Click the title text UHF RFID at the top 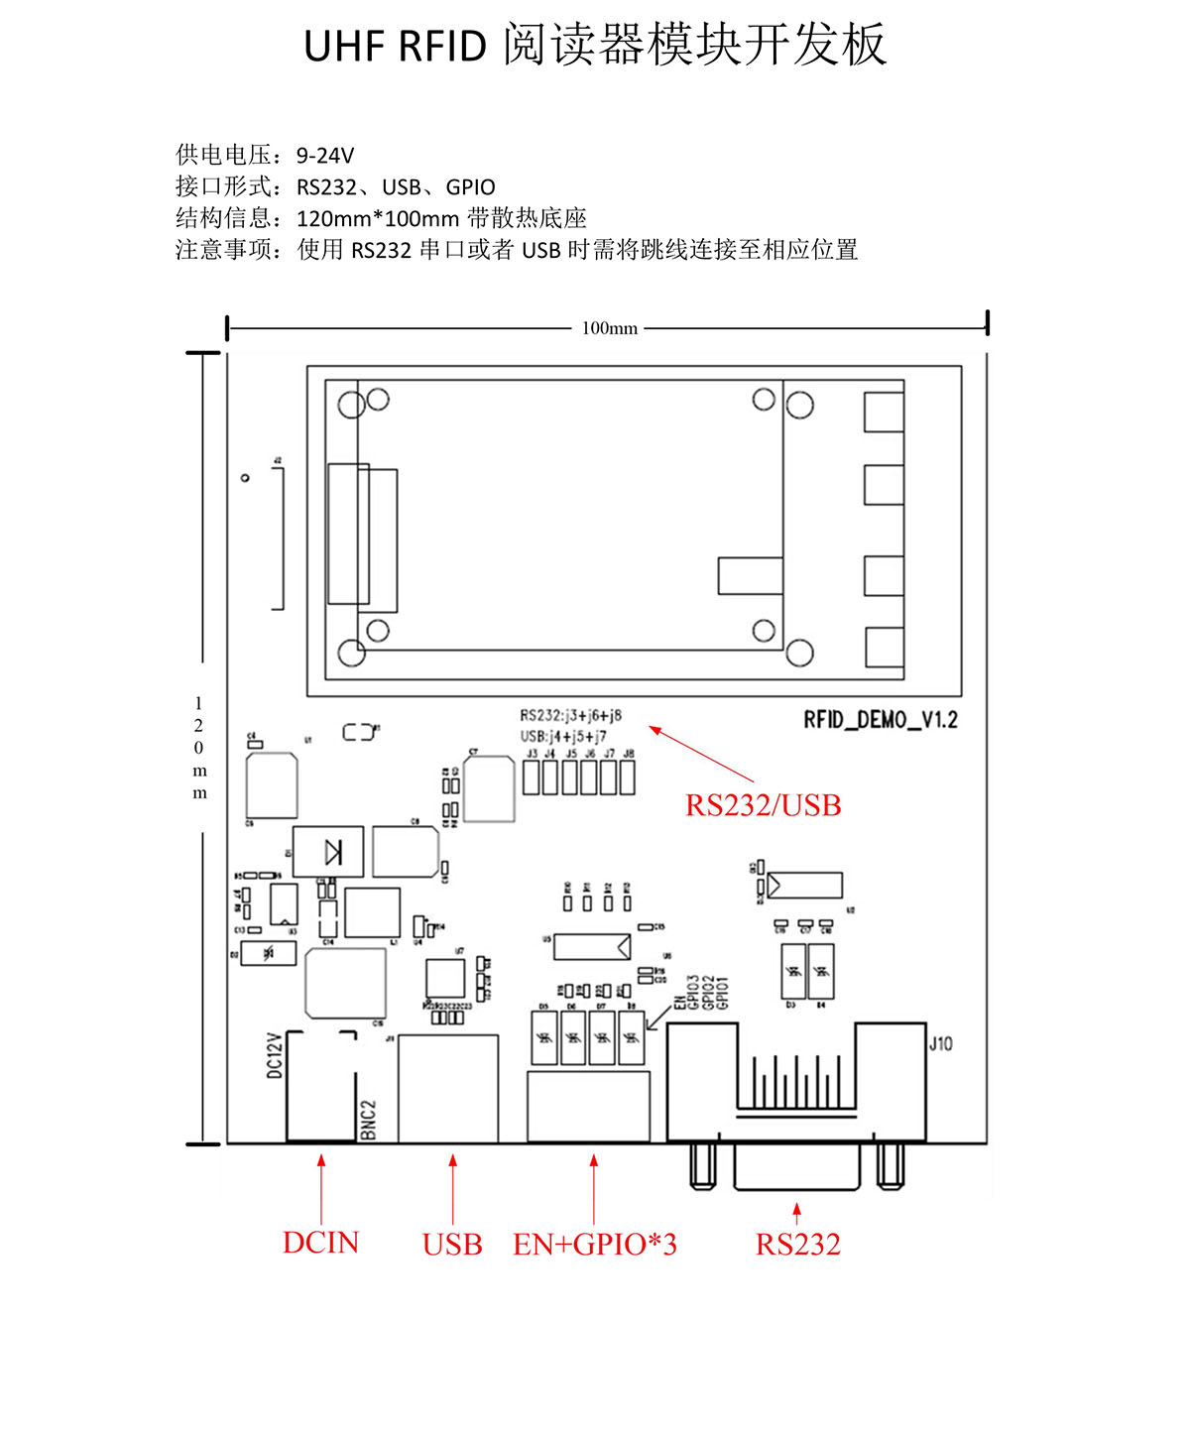(x=395, y=47)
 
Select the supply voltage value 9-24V (x=324, y=156)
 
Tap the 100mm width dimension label (x=609, y=328)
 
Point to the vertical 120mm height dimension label (x=199, y=748)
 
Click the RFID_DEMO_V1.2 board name (x=880, y=720)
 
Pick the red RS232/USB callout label (x=763, y=805)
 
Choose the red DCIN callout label (x=320, y=1243)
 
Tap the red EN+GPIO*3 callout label (x=594, y=1245)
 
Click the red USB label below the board (x=452, y=1245)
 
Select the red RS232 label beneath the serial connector (x=797, y=1245)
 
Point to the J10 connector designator (x=940, y=1043)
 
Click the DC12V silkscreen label (x=275, y=1055)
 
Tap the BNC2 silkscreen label (x=368, y=1119)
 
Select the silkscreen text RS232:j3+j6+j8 (x=570, y=715)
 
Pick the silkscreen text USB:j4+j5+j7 (x=563, y=736)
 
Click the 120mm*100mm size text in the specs (x=377, y=219)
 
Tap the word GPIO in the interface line (x=470, y=187)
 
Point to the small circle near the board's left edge (x=245, y=478)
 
